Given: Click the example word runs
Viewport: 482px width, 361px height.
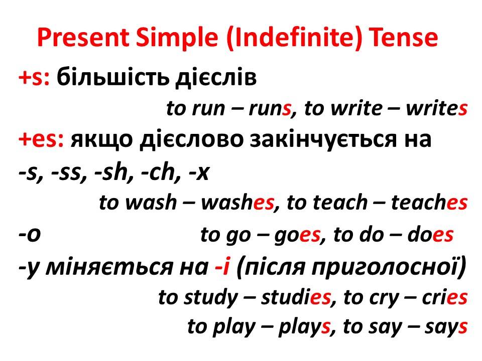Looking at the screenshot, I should (270, 109).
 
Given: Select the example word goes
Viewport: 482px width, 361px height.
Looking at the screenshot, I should (296, 235).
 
